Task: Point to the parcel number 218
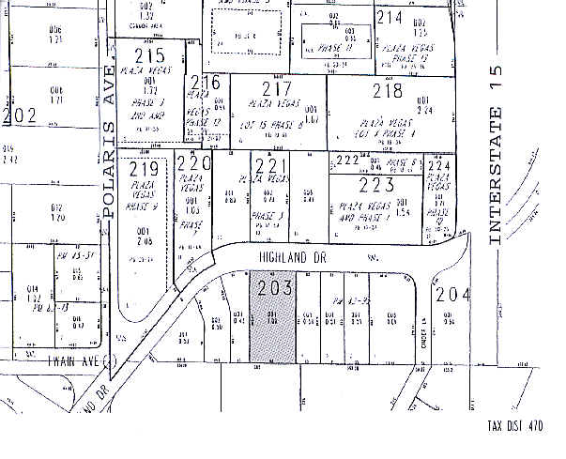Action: (x=387, y=91)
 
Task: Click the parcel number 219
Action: (x=145, y=170)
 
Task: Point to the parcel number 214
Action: (x=389, y=18)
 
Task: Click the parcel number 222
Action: (x=348, y=161)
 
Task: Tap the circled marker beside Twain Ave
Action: (x=110, y=359)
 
